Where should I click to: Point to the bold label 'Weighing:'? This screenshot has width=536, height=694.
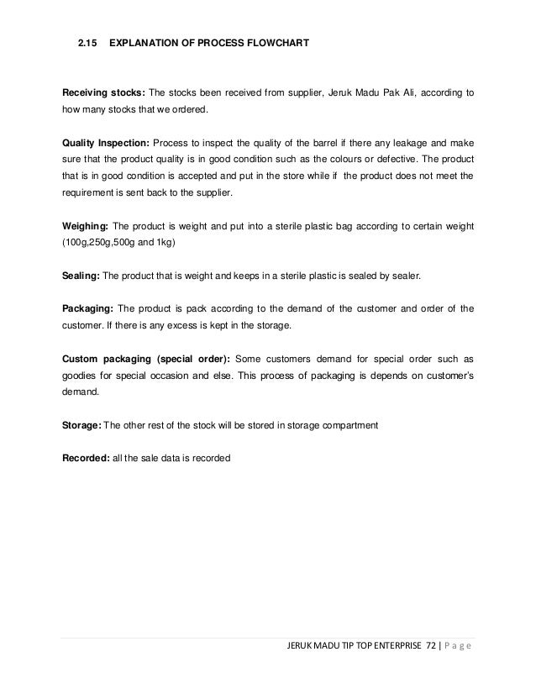pos(84,227)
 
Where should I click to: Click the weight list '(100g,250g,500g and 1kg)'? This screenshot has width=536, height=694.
pos(122,244)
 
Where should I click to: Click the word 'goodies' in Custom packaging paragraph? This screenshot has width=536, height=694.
pos(80,375)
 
